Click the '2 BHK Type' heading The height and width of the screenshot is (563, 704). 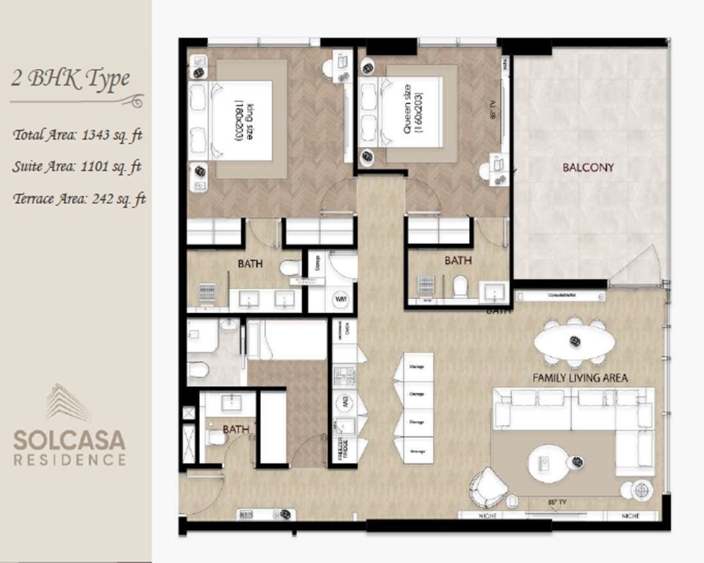coord(70,78)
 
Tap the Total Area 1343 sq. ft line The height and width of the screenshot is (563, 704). coord(77,136)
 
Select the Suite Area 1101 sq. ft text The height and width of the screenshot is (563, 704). coord(77,167)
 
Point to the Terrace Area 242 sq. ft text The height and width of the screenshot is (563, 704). coord(79,198)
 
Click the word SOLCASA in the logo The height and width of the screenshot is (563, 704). coord(70,441)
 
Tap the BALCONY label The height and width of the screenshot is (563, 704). coord(588,167)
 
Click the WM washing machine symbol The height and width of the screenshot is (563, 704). coord(341,299)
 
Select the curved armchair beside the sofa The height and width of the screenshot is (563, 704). coord(488,486)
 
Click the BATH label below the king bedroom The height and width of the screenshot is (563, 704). coord(250,264)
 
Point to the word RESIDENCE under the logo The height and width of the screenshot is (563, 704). coord(70,460)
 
